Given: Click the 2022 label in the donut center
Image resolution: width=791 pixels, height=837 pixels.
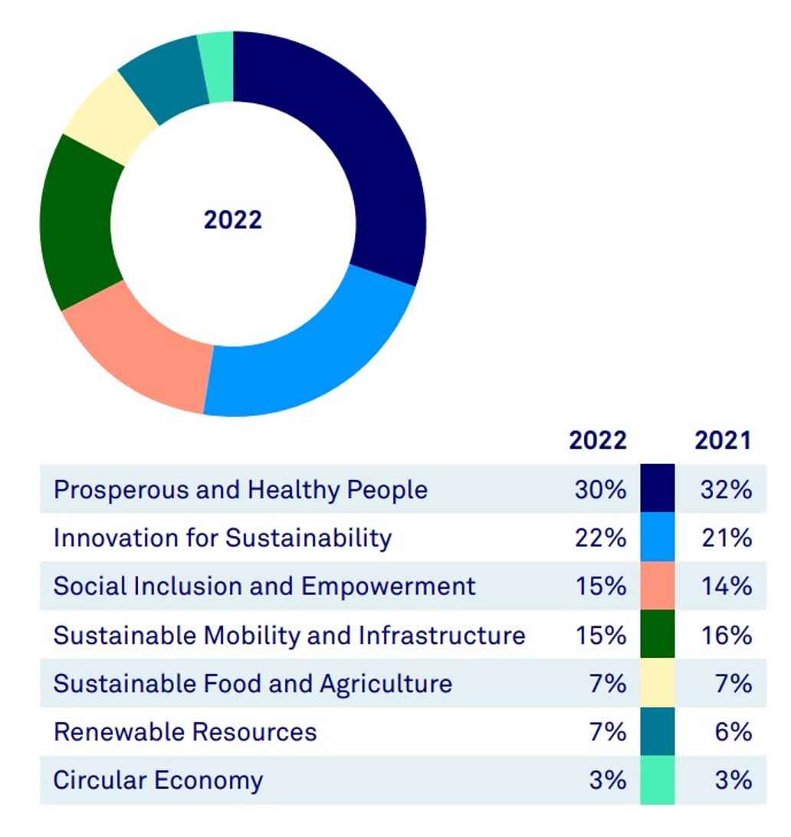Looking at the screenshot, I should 233,220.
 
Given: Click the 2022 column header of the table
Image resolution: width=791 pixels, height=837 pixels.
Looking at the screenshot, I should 597,440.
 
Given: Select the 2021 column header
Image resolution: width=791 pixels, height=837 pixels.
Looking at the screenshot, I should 723,440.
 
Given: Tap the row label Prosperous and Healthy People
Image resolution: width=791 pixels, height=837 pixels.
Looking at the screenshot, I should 241,489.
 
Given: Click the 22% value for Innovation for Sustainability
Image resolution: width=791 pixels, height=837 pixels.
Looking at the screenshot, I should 600,538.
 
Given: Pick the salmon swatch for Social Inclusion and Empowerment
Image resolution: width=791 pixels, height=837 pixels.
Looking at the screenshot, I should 658,586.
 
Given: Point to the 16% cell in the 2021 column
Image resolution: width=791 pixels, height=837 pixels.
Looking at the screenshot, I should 726,635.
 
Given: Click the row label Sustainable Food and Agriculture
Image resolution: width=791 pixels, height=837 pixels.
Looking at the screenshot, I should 252,683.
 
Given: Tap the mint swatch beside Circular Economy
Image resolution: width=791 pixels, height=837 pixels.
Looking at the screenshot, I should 658,780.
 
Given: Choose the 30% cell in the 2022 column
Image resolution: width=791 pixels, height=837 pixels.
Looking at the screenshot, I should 600,489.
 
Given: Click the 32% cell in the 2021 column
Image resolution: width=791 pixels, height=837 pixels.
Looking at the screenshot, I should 726,489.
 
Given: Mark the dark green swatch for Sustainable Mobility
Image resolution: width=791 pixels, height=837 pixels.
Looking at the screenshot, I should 658,635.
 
